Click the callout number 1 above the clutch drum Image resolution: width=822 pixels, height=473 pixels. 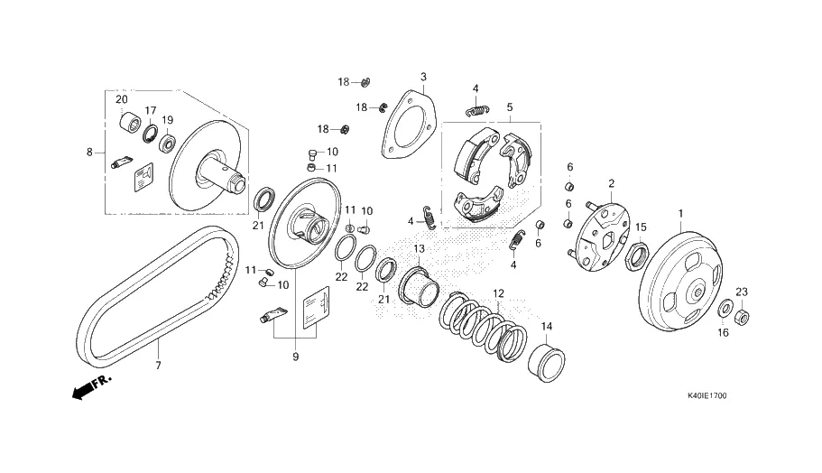tap(680, 213)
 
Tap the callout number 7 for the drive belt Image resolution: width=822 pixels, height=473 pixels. tap(157, 365)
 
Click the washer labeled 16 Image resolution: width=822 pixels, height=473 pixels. tap(725, 311)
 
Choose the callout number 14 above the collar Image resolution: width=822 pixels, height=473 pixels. tap(546, 326)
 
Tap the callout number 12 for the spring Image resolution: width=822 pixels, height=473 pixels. tap(498, 293)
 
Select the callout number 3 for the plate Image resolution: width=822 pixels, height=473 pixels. tap(423, 77)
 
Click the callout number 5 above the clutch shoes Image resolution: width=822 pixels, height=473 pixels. tap(509, 107)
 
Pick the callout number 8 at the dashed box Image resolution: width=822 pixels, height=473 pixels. tap(89, 153)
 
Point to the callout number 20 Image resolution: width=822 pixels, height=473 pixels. tap(121, 99)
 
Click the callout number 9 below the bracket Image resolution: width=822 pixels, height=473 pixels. tap(295, 357)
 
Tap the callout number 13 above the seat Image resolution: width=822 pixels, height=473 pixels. tap(419, 248)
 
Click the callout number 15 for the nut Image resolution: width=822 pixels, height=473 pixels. tap(642, 227)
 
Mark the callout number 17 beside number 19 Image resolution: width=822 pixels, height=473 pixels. tap(151, 110)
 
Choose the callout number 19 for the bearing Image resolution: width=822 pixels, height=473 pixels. tap(168, 120)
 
